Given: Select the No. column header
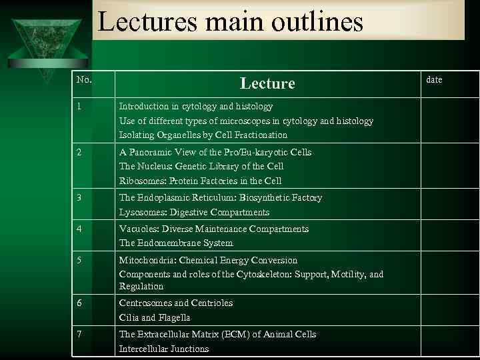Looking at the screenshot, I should click(x=84, y=80).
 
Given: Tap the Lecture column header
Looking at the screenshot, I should click(x=267, y=83).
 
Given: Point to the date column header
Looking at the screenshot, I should click(x=434, y=80).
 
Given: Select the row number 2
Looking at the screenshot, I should click(x=79, y=152).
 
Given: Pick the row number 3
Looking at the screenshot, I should click(x=79, y=198).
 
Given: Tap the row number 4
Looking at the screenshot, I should click(x=79, y=229).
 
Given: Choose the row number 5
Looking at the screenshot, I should click(x=79, y=260).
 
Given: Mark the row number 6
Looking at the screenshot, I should click(x=79, y=303).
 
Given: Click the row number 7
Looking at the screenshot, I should click(x=79, y=334).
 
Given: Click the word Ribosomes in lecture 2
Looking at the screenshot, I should click(x=141, y=181).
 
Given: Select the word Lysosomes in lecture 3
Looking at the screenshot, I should click(x=141, y=212).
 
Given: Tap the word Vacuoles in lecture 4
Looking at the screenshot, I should click(x=139, y=229).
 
